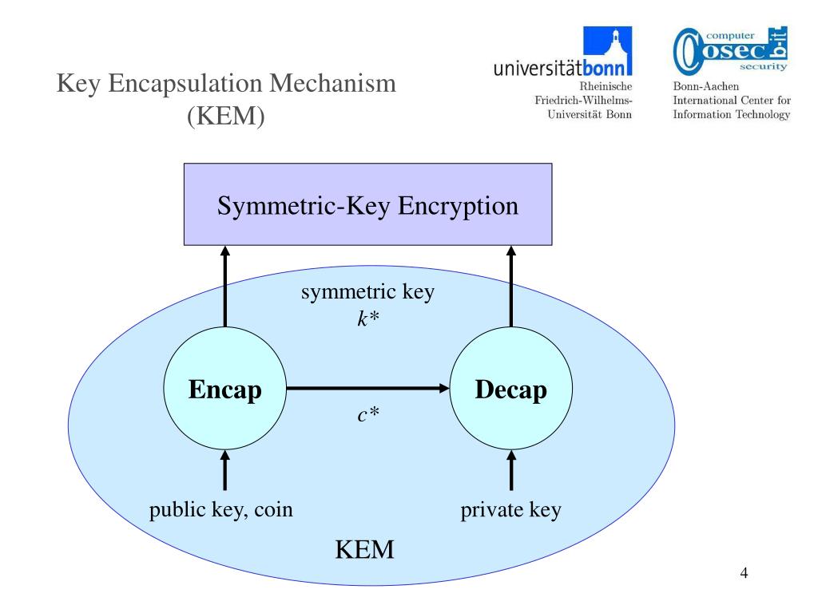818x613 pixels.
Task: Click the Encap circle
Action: click(x=224, y=389)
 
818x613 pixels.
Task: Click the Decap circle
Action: click(x=511, y=389)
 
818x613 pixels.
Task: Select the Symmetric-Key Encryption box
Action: click(x=367, y=204)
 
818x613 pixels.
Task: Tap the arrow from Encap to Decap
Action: click(x=367, y=389)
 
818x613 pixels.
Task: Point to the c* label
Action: click(x=368, y=414)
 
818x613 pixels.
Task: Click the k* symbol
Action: click(x=368, y=318)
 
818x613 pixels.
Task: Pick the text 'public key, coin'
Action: click(x=220, y=510)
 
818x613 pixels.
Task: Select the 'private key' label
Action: click(x=510, y=510)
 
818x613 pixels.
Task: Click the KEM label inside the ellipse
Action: click(x=364, y=549)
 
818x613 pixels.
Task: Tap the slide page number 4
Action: click(x=744, y=573)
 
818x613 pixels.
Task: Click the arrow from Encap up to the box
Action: click(x=224, y=287)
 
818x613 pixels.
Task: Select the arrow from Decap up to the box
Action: click(x=511, y=287)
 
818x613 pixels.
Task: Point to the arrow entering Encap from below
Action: click(x=224, y=470)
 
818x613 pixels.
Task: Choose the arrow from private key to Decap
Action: click(x=511, y=470)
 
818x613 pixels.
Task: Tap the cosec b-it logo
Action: click(x=730, y=50)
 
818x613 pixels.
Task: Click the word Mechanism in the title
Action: click(x=333, y=83)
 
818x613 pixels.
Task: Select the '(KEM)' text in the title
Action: click(x=226, y=116)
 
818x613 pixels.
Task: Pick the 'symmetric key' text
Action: click(x=367, y=292)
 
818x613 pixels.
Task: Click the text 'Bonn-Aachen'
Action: click(x=706, y=86)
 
